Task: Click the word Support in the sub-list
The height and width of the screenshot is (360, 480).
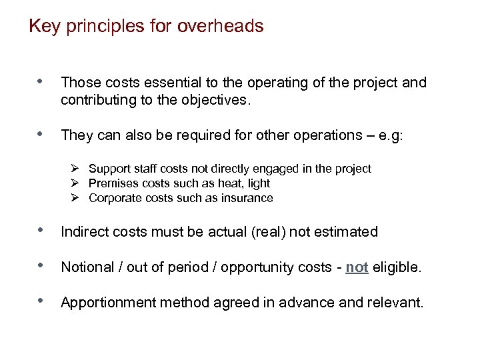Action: click(x=109, y=169)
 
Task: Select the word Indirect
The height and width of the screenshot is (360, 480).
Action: click(x=83, y=232)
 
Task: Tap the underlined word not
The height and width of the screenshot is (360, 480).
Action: click(x=357, y=267)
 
